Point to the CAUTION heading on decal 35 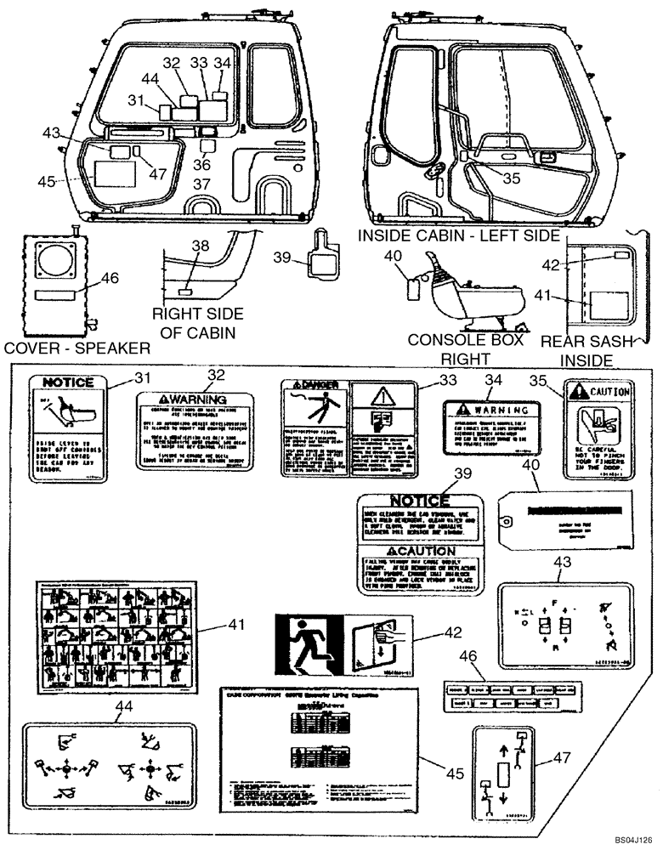[x=602, y=392]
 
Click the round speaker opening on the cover [x=59, y=259]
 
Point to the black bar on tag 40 [x=574, y=513]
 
